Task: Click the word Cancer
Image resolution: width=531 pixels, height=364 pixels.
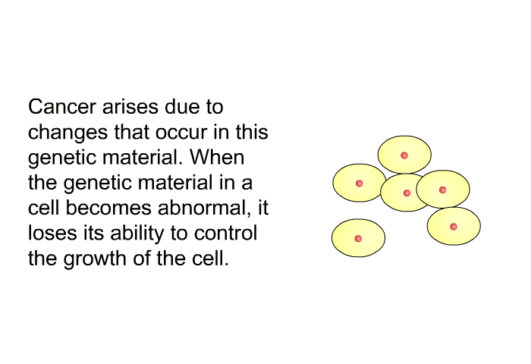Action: [62, 107]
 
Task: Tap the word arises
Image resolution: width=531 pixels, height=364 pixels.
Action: [130, 107]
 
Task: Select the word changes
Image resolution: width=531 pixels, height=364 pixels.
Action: [68, 133]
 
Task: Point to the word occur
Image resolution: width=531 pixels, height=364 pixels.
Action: [181, 133]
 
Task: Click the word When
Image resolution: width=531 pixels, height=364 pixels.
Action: [216, 158]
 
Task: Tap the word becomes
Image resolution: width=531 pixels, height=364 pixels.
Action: [108, 208]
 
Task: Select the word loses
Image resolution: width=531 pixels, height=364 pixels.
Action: [52, 233]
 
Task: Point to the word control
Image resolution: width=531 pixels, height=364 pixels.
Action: [225, 233]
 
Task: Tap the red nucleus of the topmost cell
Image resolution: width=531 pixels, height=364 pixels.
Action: [404, 155]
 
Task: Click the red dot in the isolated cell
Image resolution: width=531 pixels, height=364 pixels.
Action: [358, 239]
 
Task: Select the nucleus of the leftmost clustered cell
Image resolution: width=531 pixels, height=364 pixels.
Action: [360, 184]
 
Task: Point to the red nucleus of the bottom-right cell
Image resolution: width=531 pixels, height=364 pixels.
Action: [454, 227]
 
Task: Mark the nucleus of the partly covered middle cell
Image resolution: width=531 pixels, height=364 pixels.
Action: [407, 193]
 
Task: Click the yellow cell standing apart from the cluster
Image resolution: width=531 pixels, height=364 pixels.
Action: [358, 238]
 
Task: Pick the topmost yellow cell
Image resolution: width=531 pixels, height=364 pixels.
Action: [404, 155]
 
